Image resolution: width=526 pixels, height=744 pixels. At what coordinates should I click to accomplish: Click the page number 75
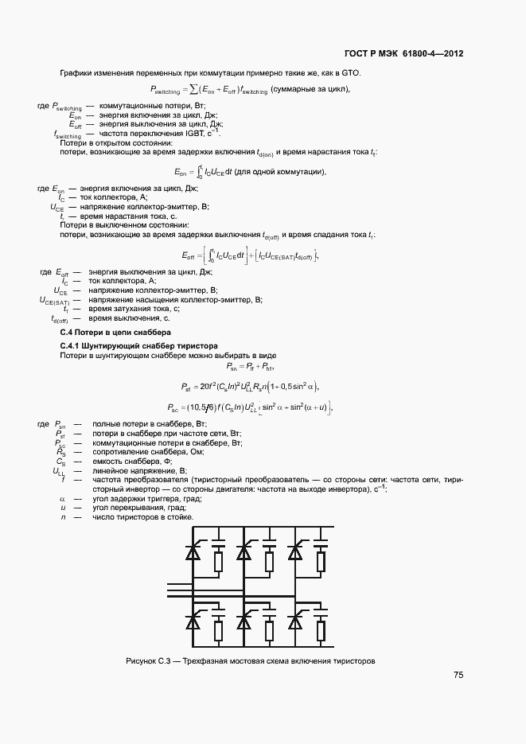tap(458, 675)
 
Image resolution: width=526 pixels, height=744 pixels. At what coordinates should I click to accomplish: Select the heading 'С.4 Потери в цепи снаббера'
tap(115, 331)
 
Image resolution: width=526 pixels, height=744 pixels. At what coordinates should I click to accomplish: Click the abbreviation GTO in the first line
tap(350, 73)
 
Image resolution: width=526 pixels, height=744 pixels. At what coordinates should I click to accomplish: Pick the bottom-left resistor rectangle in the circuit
tap(217, 633)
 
